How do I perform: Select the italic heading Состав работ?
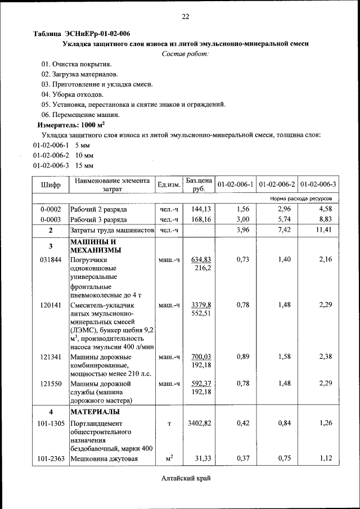pyautogui.click(x=185, y=54)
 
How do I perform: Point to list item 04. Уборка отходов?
pyautogui.click(x=73, y=94)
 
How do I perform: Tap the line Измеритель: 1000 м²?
pyautogui.click(x=71, y=125)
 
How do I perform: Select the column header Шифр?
pyautogui.click(x=51, y=184)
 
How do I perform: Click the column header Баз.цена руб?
pyautogui.click(x=199, y=184)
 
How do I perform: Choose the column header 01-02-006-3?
pyautogui.click(x=318, y=184)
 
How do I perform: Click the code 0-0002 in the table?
pyautogui.click(x=51, y=209)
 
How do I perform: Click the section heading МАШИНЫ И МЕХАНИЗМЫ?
pyautogui.click(x=93, y=246)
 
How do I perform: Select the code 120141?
pyautogui.click(x=51, y=305)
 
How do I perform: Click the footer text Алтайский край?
pyautogui.click(x=185, y=478)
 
